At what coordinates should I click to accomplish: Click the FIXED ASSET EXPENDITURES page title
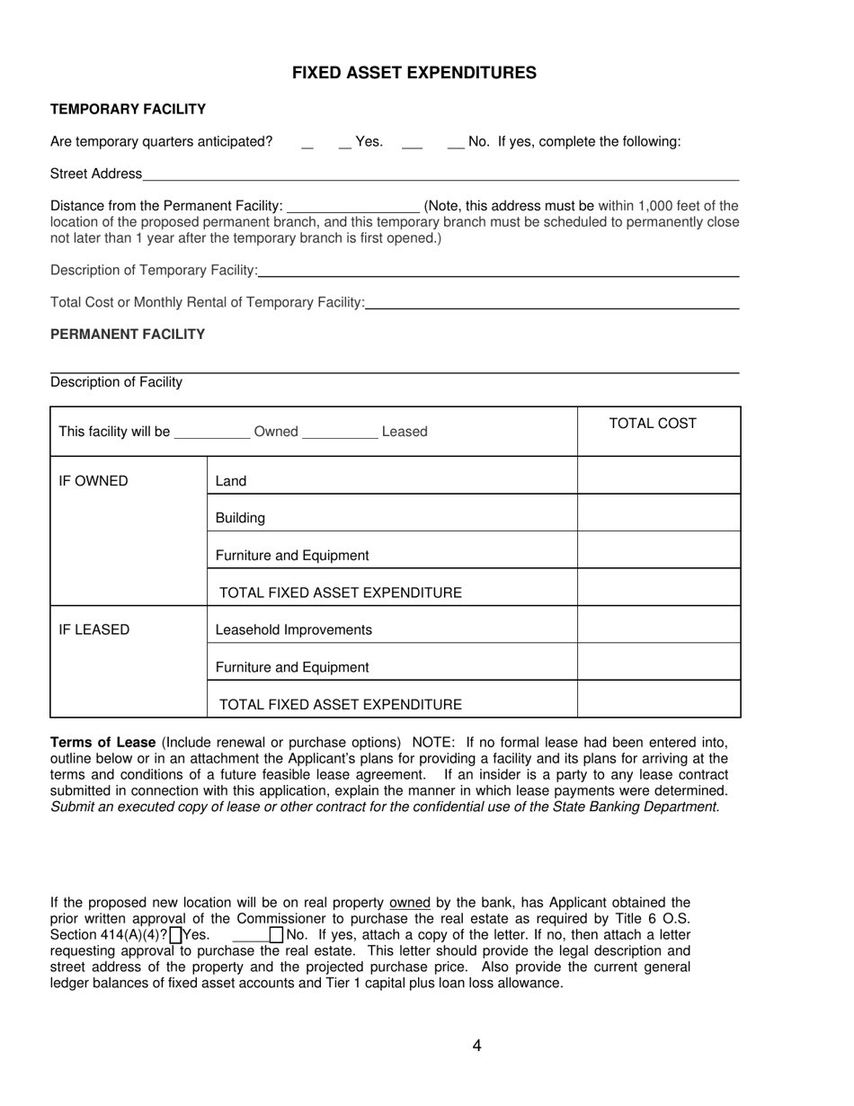[414, 73]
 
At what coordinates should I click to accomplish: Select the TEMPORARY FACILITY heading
[128, 109]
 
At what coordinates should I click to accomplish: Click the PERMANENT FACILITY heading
[128, 334]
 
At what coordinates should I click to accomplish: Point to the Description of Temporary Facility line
[498, 272]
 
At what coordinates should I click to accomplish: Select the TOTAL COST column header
[653, 424]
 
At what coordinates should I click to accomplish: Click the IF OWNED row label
[93, 481]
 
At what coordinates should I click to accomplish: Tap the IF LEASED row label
[94, 629]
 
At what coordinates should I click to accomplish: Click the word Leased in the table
[405, 432]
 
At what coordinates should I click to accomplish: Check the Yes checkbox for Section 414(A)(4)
[175, 935]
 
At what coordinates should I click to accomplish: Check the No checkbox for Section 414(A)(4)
[276, 935]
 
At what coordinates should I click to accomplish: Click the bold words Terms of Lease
[103, 743]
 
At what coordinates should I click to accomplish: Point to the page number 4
[476, 1045]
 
